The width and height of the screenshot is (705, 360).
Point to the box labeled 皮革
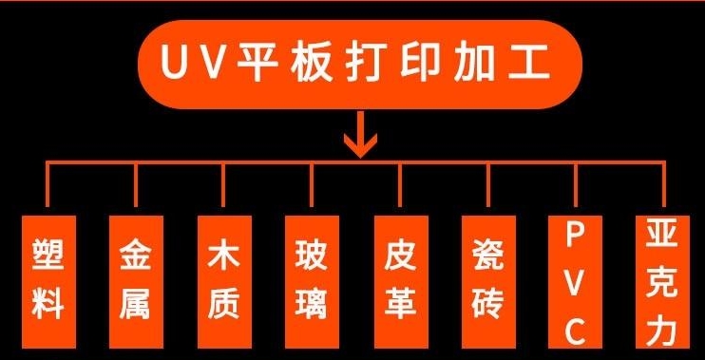[x=399, y=281]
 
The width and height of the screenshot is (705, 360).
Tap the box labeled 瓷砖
[x=487, y=281]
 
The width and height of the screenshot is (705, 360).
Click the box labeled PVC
[x=575, y=281]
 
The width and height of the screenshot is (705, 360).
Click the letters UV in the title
[x=190, y=67]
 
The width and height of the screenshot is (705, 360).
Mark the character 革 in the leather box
[x=399, y=305]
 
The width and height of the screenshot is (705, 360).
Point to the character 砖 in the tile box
[x=487, y=305]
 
